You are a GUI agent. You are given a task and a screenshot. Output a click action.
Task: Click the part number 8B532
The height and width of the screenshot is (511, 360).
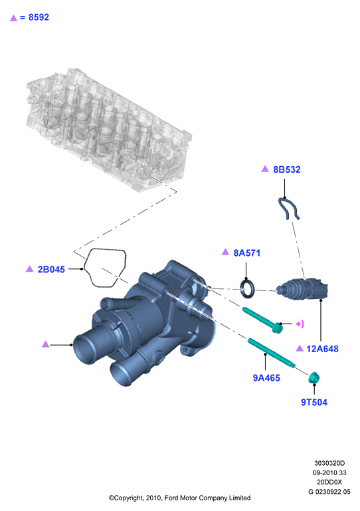coord(287,169)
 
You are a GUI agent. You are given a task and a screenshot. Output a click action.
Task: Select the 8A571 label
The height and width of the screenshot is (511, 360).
coord(247,253)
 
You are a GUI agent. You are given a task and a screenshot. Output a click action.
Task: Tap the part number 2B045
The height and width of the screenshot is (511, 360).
coord(51,269)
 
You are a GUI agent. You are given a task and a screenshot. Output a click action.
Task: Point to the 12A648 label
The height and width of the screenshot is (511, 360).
coord(322,349)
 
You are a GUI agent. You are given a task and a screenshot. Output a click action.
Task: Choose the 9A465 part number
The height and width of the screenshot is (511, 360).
coord(266,377)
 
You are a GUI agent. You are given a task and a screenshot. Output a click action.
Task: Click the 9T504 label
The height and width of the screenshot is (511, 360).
coord(314,402)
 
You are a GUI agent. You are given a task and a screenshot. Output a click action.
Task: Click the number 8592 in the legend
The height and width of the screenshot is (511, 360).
coord(39,17)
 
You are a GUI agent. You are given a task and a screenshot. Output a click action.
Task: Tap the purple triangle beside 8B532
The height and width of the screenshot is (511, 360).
coord(265,169)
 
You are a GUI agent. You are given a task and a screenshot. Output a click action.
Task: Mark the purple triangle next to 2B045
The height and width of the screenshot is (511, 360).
coord(30,268)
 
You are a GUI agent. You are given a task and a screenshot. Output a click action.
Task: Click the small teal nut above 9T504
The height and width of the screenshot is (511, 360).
coord(314,378)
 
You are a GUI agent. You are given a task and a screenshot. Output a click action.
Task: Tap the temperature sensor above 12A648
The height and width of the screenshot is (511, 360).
coord(302,290)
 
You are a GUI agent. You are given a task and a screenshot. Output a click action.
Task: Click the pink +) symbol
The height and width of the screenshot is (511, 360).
coord(300,324)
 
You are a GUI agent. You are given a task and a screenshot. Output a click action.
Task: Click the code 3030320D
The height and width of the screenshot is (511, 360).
coord(329,463)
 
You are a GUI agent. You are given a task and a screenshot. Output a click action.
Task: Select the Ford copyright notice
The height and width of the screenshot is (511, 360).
coord(179,498)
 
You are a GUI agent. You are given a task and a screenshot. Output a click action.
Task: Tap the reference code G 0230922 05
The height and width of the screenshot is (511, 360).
coord(329,492)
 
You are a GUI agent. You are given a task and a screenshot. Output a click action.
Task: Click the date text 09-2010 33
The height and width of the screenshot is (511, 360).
coord(329,472)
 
